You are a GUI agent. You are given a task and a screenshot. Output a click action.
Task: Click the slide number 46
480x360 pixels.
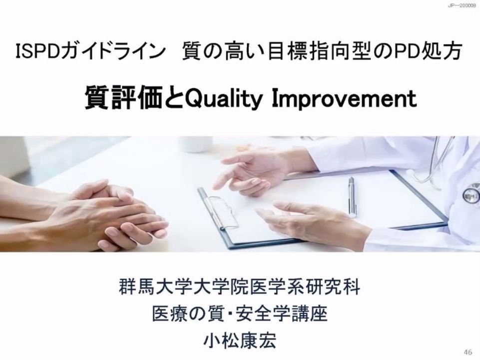(x=468, y=352)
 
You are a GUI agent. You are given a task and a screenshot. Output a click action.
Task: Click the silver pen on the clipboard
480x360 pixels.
(x=352, y=197)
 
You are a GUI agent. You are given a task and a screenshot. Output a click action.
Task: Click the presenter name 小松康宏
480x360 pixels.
(x=240, y=340)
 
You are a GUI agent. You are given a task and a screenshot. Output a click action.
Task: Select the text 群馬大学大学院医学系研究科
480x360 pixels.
(x=239, y=286)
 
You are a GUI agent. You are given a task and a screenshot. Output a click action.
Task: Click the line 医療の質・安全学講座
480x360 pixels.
(x=240, y=313)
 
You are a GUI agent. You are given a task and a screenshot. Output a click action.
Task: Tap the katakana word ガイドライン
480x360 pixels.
(x=112, y=51)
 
